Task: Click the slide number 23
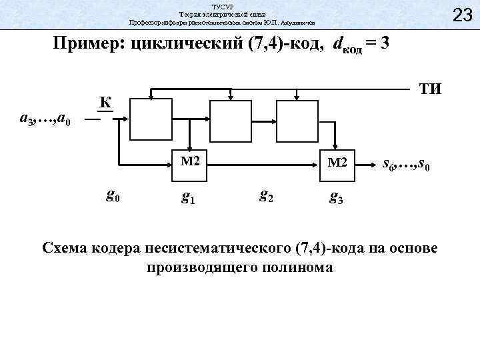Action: [461, 14]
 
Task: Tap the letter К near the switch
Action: [104, 102]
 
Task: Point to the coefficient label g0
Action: [113, 195]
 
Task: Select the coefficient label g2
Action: [265, 195]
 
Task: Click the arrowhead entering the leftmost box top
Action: [151, 98]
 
